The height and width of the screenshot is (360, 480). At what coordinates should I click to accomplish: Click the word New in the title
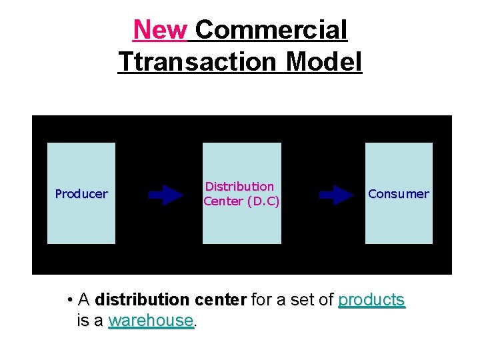160,30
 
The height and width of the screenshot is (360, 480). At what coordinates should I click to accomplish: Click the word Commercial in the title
271,30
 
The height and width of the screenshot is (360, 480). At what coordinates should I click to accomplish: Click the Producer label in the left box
81,194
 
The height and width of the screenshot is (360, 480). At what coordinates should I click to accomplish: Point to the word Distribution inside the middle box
240,187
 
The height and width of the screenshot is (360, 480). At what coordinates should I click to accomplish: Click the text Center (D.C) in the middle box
241,201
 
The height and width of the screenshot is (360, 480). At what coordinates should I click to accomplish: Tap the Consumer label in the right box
399,194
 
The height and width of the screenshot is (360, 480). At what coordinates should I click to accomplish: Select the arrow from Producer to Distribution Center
165,195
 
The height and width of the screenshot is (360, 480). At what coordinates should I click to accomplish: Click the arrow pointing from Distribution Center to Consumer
337,195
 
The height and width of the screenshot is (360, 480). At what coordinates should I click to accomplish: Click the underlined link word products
371,300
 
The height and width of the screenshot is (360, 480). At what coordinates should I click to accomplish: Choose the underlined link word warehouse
151,321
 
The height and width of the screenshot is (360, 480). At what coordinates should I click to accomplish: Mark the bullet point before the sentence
70,300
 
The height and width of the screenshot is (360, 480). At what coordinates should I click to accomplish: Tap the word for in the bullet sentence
261,300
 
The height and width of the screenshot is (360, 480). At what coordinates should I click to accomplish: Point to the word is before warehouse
84,321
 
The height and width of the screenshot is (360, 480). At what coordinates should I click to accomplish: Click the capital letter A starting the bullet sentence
84,300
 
